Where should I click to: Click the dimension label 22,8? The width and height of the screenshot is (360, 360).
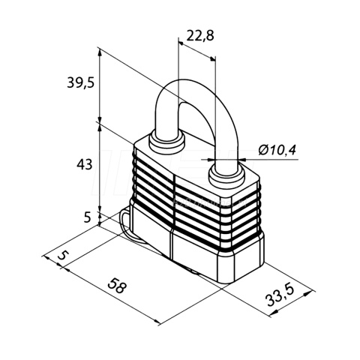click(200, 36)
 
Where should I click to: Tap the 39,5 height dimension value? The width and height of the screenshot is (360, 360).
click(80, 82)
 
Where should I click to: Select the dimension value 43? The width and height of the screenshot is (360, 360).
click(85, 164)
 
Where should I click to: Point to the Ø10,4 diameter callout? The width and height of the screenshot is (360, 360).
click(277, 150)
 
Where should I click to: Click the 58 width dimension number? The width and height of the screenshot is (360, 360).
click(116, 286)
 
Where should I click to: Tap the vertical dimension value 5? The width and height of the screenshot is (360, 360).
click(87, 217)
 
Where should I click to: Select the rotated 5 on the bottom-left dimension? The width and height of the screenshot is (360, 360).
click(63, 256)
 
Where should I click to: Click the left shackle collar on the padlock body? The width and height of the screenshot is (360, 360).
click(166, 142)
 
